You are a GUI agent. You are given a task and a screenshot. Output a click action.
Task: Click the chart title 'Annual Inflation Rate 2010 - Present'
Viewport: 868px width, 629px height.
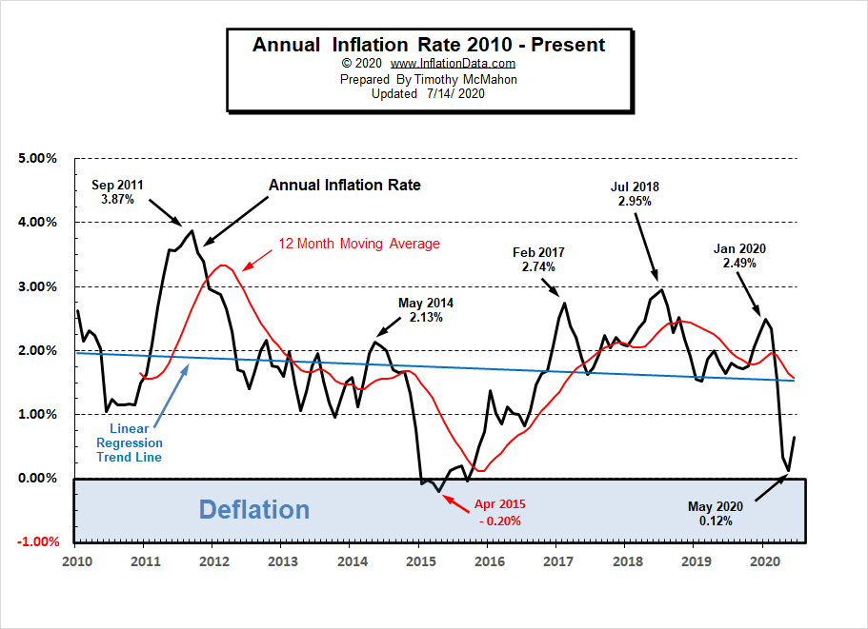pyautogui.click(x=428, y=45)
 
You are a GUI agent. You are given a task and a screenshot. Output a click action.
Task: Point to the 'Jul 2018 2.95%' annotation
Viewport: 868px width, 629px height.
pyautogui.click(x=635, y=194)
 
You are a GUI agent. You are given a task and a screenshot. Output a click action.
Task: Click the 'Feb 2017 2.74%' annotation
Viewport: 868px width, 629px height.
pyautogui.click(x=538, y=260)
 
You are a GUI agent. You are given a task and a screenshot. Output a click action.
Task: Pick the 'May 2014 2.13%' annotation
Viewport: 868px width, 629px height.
pyautogui.click(x=426, y=310)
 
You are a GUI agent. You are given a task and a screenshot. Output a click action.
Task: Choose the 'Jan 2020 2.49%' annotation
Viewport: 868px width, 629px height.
pyautogui.click(x=739, y=256)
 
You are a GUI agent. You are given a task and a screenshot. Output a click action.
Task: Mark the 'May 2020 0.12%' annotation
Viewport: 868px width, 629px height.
pyautogui.click(x=716, y=513)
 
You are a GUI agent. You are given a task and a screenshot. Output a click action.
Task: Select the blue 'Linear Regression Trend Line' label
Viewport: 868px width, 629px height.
pyautogui.click(x=129, y=443)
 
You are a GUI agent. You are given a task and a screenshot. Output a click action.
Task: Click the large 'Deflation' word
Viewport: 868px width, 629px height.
pyautogui.click(x=253, y=509)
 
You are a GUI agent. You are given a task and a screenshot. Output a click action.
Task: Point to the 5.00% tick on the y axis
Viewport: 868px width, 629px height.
pyautogui.click(x=38, y=158)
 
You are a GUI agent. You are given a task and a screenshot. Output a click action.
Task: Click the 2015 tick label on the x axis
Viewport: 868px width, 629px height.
pyautogui.click(x=420, y=561)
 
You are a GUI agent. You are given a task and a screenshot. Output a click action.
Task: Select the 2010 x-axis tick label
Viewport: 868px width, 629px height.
pyautogui.click(x=76, y=561)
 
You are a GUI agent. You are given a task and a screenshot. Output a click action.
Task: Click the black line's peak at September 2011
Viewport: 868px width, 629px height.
pyautogui.click(x=192, y=230)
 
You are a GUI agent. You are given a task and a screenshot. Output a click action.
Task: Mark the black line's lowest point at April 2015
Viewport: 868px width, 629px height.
pyautogui.click(x=439, y=491)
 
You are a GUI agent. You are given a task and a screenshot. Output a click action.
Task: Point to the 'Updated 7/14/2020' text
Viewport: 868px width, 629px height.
pyautogui.click(x=428, y=93)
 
